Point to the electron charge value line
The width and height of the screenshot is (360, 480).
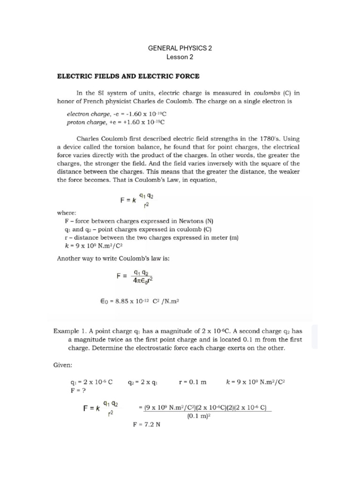(x=117, y=114)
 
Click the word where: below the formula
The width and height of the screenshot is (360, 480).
(x=66, y=212)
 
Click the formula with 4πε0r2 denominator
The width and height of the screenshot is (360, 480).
(x=135, y=277)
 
